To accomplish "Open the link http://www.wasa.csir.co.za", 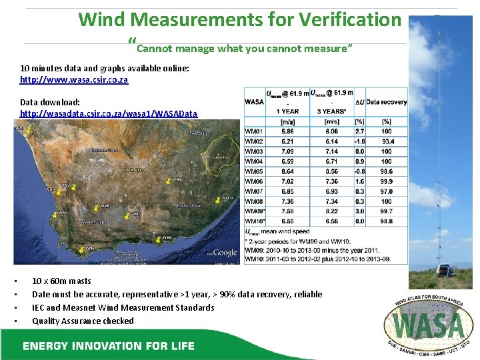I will tap(74, 79).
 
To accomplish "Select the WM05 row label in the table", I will tap(254, 171).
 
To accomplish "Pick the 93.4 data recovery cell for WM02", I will tap(387, 142).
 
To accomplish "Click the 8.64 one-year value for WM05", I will tap(287, 171).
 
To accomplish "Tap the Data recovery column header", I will tap(387, 102).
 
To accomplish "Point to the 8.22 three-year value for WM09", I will tap(331, 211).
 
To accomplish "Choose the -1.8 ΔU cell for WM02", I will tap(360, 142).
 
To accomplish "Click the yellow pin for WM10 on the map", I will tap(217, 199).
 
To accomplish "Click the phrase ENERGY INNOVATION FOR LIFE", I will tap(108, 345).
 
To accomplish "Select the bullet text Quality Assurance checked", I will tap(83, 321).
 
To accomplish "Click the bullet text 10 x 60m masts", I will tap(61, 281).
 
